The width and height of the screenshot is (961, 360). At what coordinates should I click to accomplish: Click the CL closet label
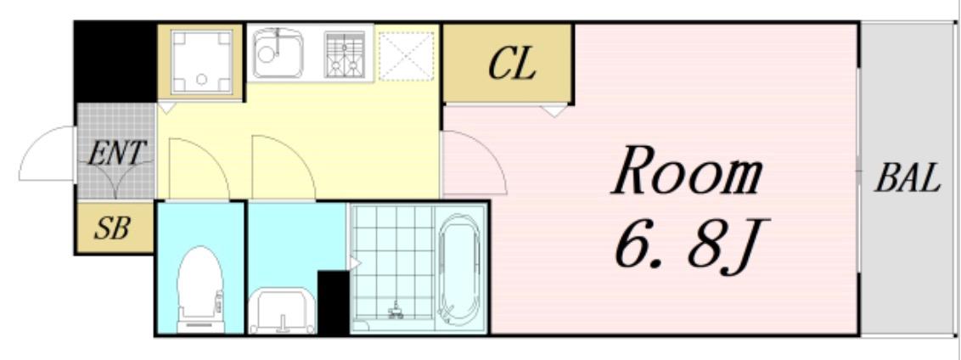pos(512,65)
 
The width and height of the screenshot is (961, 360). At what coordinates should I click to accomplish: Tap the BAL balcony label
pos(908,179)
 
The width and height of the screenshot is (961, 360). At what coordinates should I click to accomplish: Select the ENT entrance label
pos(117,153)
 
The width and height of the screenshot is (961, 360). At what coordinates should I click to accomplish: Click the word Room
pos(688,173)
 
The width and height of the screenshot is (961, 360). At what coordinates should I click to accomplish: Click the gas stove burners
pos(344,53)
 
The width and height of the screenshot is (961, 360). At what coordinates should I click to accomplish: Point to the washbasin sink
pos(283,307)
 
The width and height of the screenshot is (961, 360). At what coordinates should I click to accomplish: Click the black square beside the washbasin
pos(333,302)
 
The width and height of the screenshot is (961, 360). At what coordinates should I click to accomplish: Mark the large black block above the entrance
pos(115,61)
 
